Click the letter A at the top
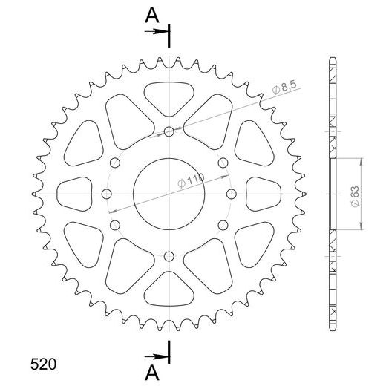click(x=151, y=14)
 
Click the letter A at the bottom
click(x=151, y=371)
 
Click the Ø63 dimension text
click(x=356, y=193)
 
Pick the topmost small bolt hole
click(x=169, y=132)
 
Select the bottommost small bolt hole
click(x=169, y=256)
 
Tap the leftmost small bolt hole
click(x=106, y=194)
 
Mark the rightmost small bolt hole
click(x=231, y=194)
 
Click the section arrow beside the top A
click(x=159, y=32)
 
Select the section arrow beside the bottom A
click(x=159, y=354)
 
